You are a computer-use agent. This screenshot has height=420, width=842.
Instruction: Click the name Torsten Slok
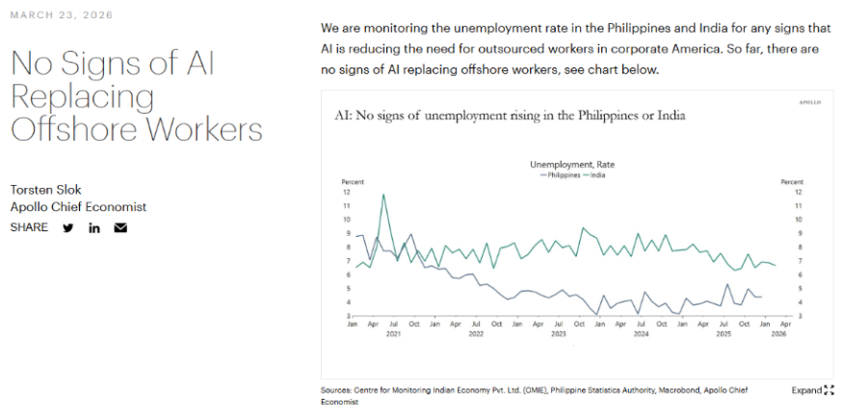(x=45, y=189)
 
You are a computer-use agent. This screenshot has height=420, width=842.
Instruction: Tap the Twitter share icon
(x=68, y=228)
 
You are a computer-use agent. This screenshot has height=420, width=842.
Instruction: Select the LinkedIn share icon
(x=94, y=228)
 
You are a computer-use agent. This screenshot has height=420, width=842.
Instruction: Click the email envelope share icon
(x=120, y=228)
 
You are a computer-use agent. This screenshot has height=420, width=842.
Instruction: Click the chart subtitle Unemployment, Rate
(x=572, y=165)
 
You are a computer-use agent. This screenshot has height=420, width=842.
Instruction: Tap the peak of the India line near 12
(x=383, y=196)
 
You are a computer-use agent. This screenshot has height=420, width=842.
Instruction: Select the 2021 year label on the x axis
(x=393, y=333)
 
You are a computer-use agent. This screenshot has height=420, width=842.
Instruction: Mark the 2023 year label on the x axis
(x=558, y=333)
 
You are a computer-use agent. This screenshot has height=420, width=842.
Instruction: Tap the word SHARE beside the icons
(x=29, y=228)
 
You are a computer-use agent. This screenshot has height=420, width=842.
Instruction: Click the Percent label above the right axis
(x=791, y=181)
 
